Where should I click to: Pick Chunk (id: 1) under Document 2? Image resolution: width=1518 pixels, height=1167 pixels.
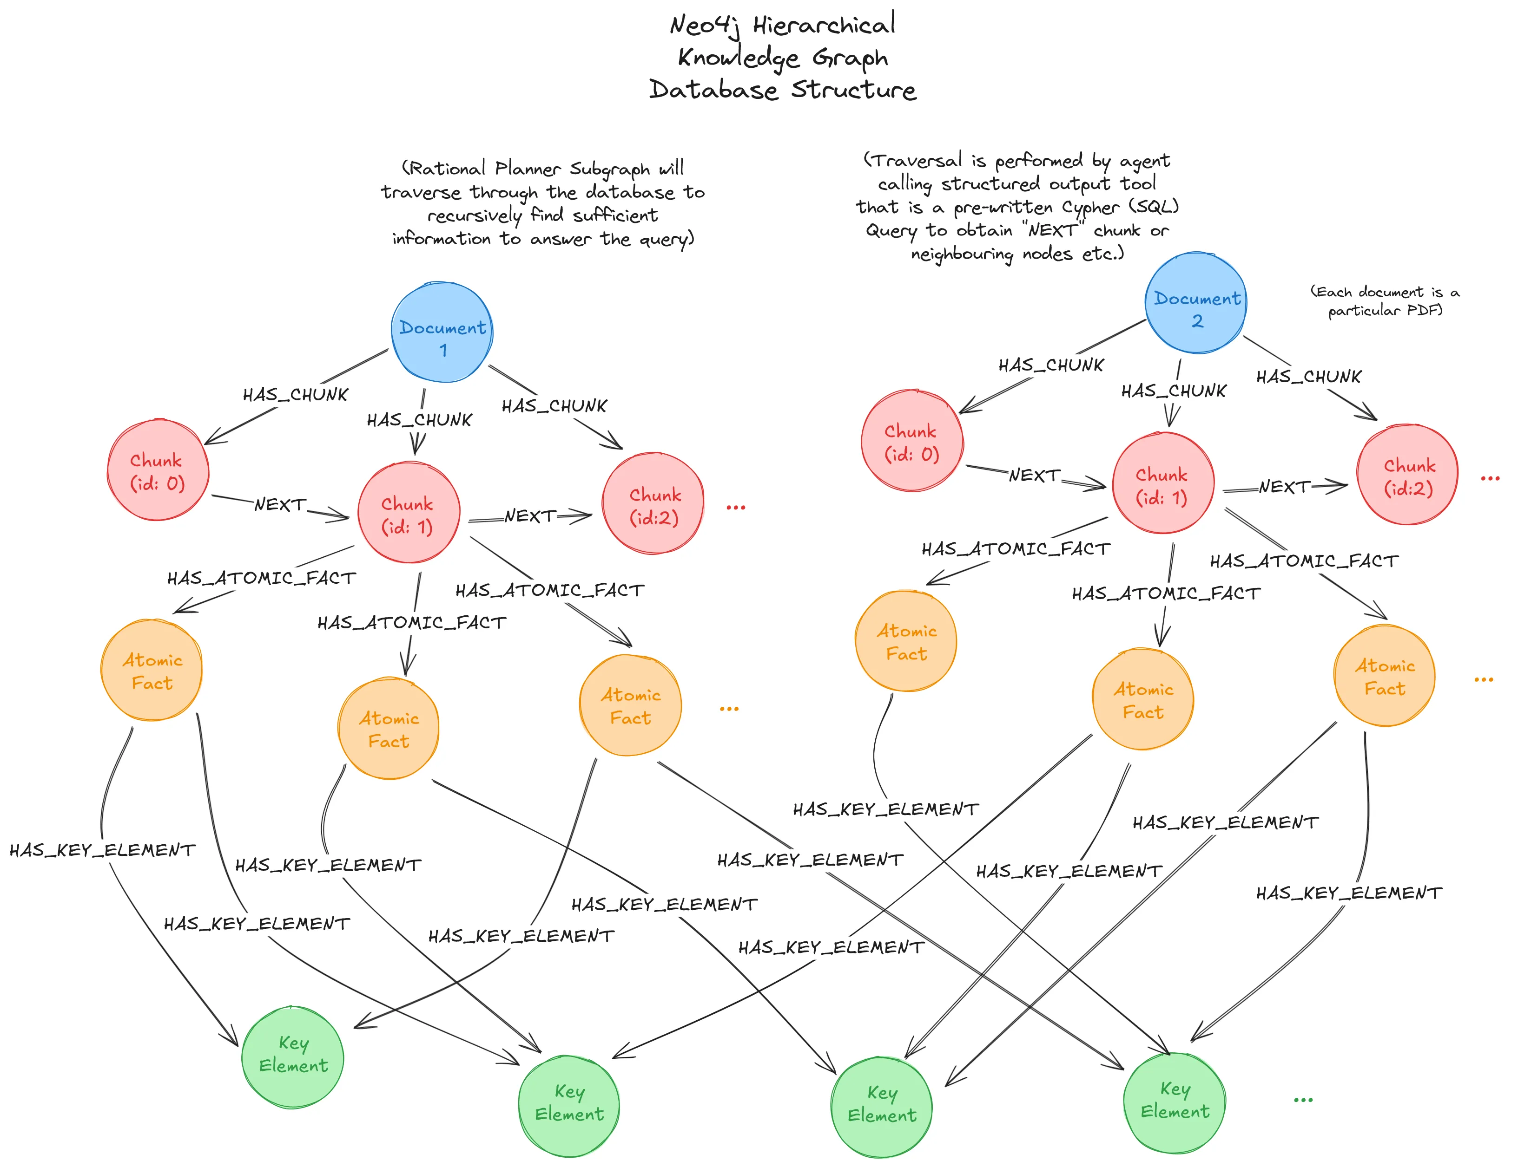click(x=1163, y=483)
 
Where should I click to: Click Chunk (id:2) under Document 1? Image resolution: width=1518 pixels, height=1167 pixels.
click(x=653, y=503)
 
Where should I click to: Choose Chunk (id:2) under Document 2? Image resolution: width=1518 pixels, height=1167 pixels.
click(x=1407, y=475)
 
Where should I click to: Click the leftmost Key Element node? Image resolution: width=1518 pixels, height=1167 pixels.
click(x=293, y=1056)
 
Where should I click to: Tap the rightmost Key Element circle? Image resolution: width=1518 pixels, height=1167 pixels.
click(x=1175, y=1102)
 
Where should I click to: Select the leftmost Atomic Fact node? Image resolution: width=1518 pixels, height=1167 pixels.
click(x=152, y=670)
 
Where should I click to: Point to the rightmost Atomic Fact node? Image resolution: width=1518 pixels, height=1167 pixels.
click(x=1385, y=676)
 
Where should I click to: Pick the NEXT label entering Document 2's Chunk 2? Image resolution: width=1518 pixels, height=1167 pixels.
click(x=1285, y=487)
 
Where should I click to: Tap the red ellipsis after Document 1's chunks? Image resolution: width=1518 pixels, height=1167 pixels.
click(x=735, y=508)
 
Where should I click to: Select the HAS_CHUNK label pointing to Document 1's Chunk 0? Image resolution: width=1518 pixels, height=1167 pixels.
click(x=296, y=395)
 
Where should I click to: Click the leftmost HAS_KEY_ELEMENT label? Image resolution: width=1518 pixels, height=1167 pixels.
click(x=103, y=850)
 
